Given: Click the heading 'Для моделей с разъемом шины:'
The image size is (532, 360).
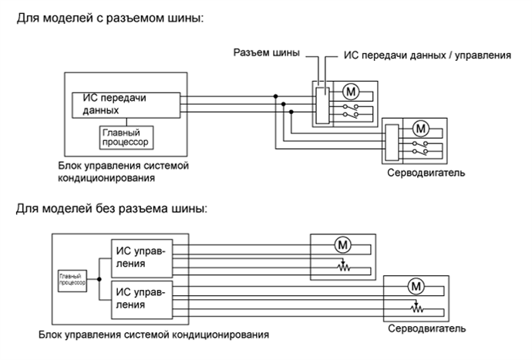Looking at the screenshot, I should (109, 18).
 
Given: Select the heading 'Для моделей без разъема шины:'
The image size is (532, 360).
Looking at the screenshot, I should (111, 209).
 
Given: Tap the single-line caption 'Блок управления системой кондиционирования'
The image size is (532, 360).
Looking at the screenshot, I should (154, 335).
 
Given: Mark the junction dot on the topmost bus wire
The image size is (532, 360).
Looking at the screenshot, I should (276, 96).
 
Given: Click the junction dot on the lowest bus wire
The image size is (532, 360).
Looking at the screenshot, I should (292, 112).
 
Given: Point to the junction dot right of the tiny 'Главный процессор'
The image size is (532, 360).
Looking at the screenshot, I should (99, 278).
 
